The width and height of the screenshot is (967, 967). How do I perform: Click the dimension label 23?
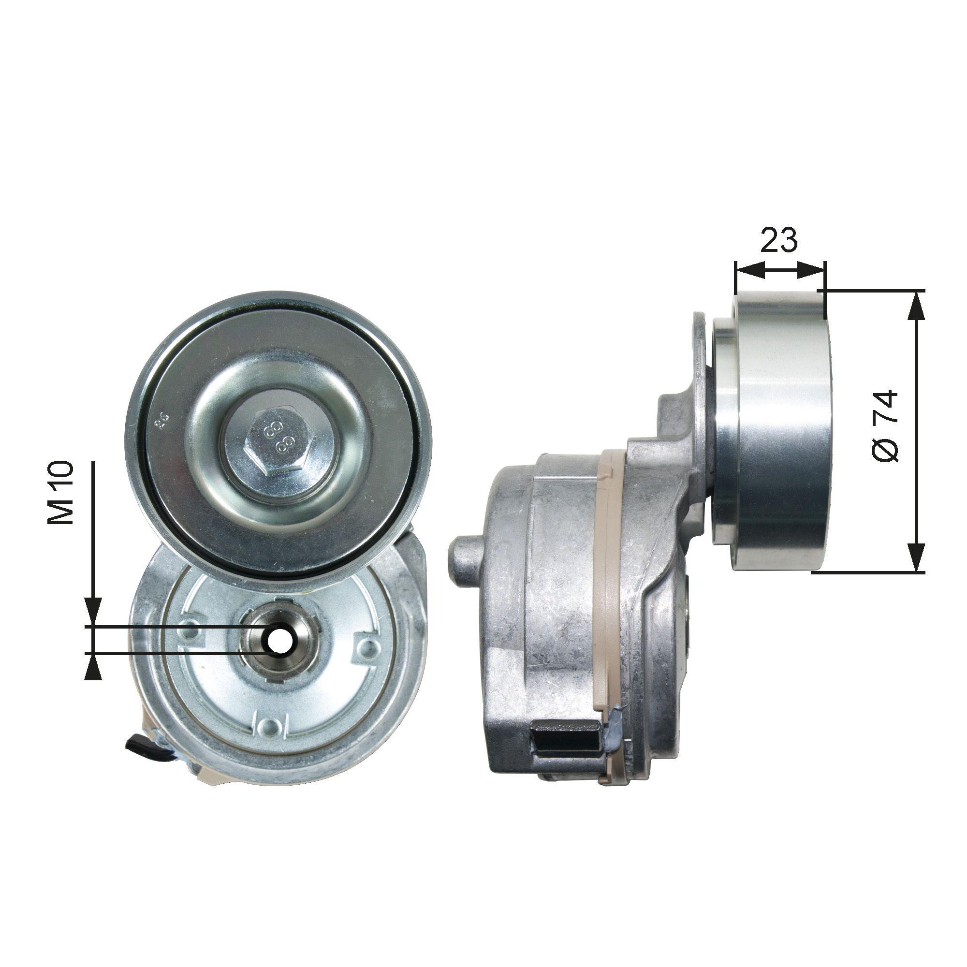point(779,241)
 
